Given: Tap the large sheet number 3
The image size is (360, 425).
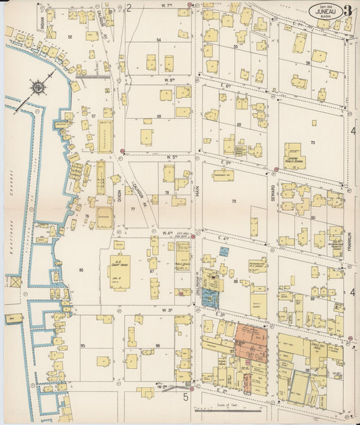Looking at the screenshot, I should [348, 11].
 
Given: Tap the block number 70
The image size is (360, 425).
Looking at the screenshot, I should [312, 143].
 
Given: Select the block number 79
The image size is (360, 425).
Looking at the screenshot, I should [234, 201].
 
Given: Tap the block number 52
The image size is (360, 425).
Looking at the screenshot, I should [70, 37].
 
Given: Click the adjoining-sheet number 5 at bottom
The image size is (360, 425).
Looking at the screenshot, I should [185, 398].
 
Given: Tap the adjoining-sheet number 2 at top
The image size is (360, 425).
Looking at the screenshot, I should [128, 8].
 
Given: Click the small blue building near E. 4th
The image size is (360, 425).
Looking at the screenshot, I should [224, 251].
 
